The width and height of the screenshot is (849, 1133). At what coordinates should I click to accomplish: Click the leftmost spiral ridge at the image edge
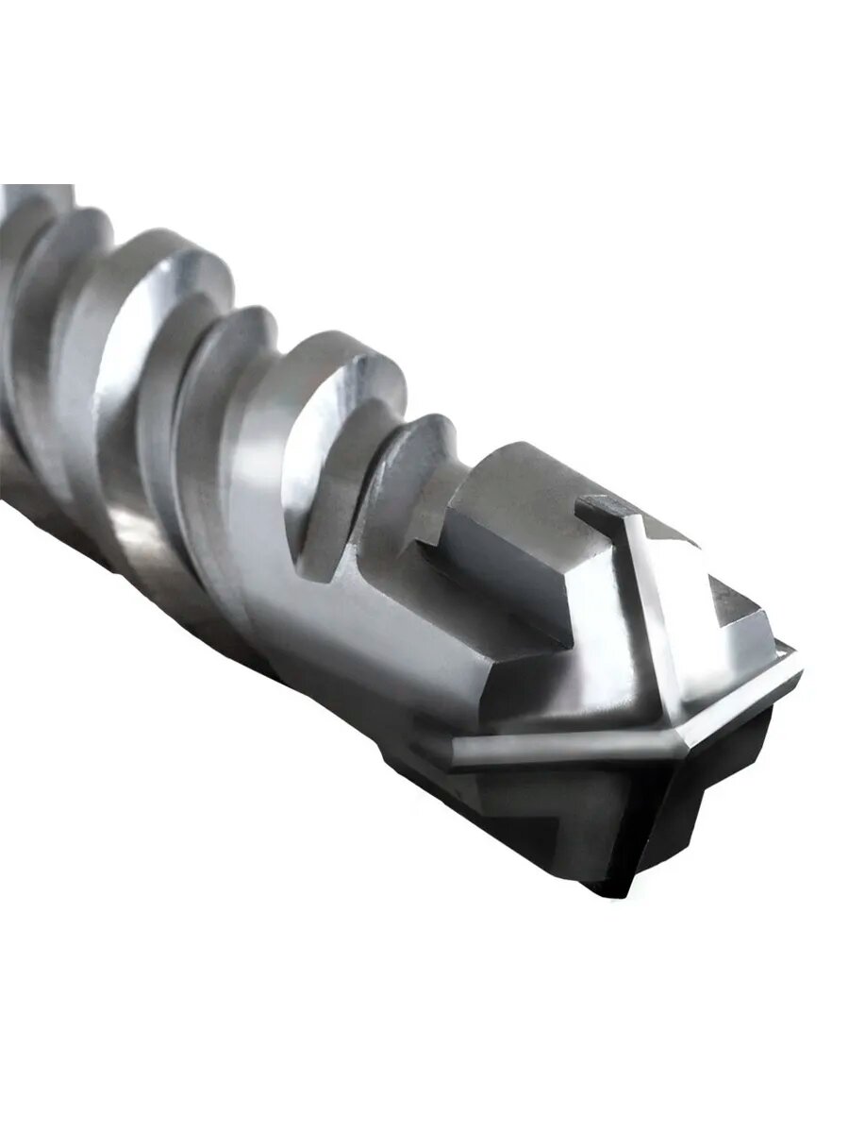point(28,245)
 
